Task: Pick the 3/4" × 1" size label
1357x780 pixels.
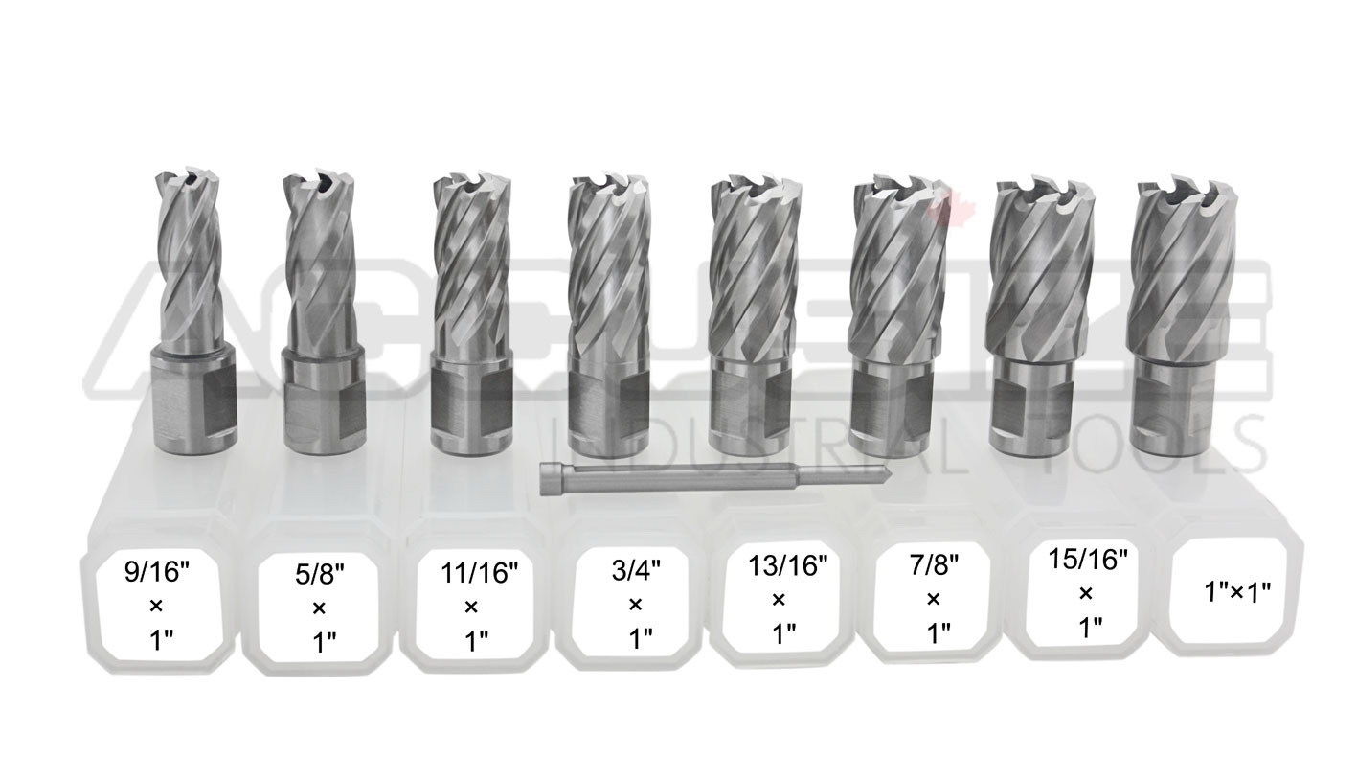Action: click(x=633, y=607)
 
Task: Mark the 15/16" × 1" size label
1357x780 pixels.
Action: click(x=1085, y=595)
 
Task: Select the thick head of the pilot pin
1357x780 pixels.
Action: click(x=552, y=470)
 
